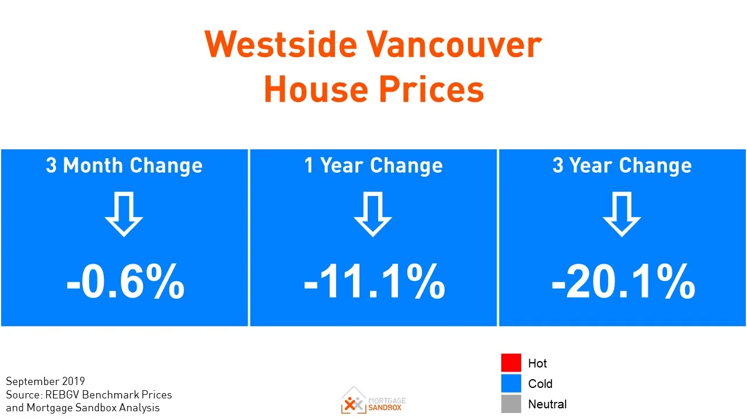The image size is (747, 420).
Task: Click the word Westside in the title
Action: (279, 44)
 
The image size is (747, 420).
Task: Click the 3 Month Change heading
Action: (124, 166)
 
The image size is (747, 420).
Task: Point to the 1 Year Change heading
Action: (373, 166)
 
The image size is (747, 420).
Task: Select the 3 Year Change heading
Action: (622, 166)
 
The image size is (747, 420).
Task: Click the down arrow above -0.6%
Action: (124, 214)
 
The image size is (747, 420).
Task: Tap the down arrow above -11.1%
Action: (373, 214)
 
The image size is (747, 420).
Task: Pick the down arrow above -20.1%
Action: (622, 214)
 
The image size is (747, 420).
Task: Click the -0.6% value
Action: (125, 282)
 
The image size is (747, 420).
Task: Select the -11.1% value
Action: (373, 282)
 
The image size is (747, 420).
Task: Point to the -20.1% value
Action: (623, 282)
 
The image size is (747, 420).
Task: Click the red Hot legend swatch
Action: (511, 363)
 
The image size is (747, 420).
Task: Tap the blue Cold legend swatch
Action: (511, 383)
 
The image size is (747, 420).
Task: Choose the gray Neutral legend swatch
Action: (511, 404)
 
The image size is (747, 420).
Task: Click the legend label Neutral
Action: (547, 404)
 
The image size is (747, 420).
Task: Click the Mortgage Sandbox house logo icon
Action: (353, 400)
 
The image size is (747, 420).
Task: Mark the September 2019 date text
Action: (46, 381)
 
